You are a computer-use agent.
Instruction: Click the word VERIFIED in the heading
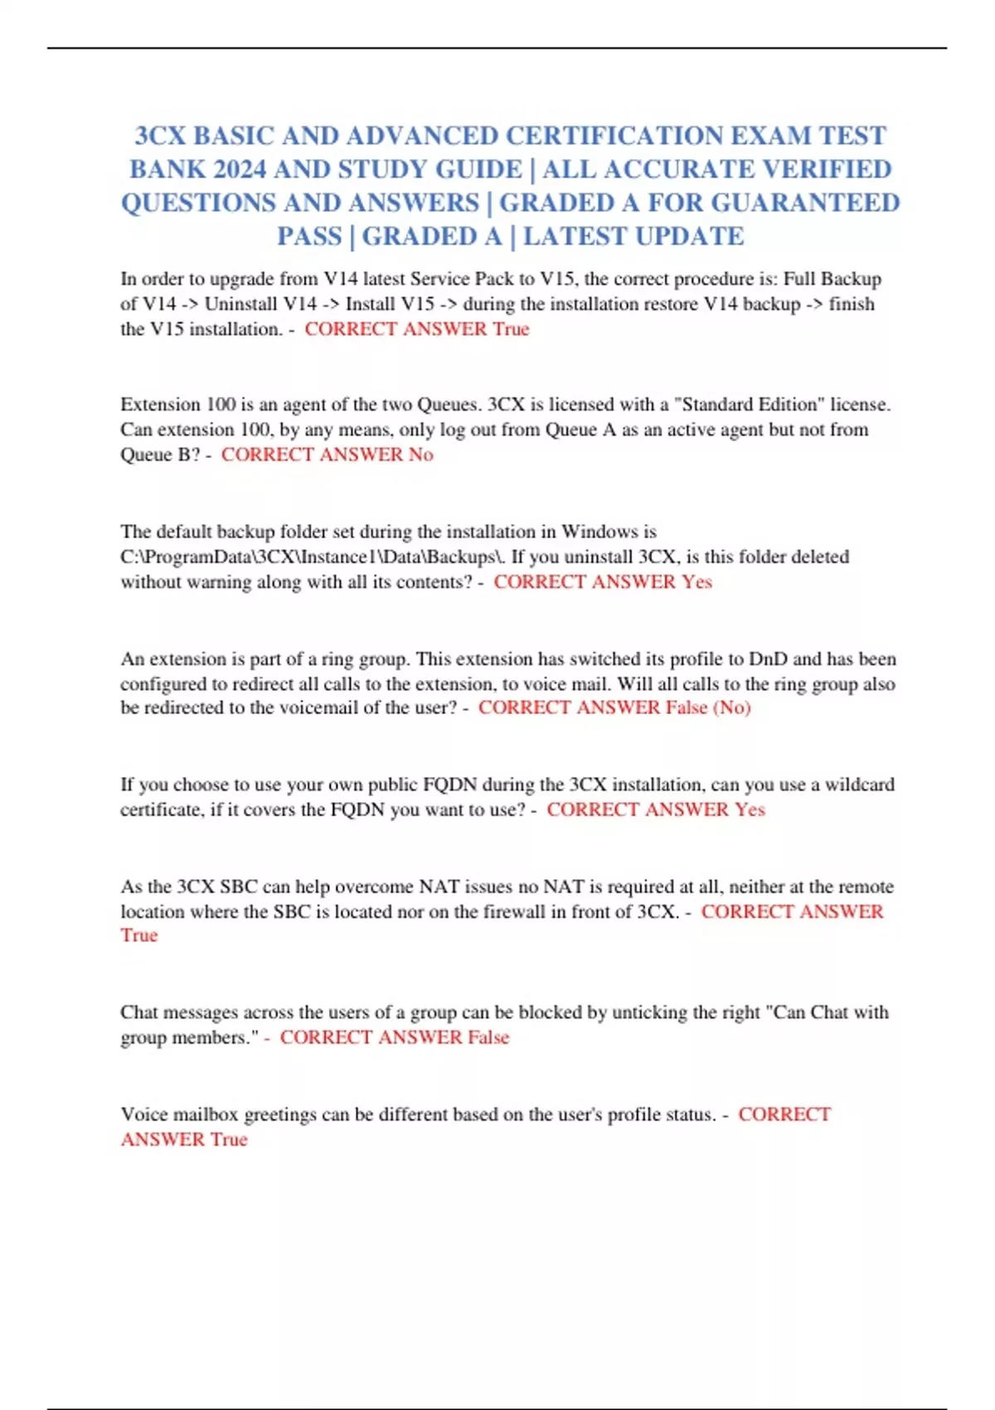pos(826,169)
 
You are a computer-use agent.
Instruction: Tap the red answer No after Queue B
pos(420,455)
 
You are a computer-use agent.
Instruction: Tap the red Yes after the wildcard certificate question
pos(750,810)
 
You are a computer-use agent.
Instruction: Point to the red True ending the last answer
pos(228,1140)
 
